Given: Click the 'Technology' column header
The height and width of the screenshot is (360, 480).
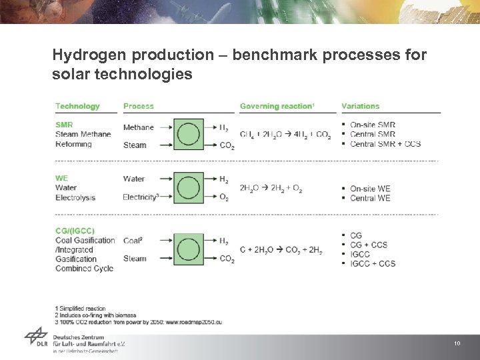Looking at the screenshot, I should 77,106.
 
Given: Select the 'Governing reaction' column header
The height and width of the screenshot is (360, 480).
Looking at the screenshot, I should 277,106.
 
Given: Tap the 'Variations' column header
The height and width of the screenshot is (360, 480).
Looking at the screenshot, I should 360,106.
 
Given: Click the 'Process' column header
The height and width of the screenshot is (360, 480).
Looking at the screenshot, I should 138,106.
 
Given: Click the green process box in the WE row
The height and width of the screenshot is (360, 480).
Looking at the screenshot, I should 189,188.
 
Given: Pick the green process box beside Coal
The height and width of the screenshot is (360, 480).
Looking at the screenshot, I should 189,249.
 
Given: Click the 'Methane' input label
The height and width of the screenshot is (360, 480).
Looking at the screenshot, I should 138,127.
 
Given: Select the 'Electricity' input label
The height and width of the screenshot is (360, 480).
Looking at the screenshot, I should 141,197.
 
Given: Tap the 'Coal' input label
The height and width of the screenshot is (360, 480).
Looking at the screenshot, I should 133,241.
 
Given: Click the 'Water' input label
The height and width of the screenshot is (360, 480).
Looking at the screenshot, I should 134,179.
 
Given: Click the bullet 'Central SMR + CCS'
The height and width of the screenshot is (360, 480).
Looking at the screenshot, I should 385,144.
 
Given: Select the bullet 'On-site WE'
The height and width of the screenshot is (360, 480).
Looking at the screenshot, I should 370,189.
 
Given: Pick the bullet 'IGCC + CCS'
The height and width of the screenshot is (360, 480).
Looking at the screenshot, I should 373,263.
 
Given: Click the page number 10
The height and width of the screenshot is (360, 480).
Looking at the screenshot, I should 457,343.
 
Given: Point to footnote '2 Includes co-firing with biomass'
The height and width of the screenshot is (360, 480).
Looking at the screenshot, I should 95,315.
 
